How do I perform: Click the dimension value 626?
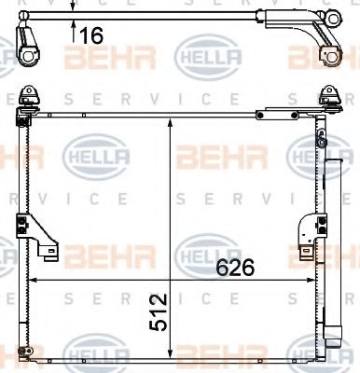click(235, 268)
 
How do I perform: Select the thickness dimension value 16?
click(91, 35)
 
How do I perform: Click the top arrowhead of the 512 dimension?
click(170, 123)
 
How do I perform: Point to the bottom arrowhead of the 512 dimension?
click(170, 352)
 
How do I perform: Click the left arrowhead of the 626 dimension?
click(33, 280)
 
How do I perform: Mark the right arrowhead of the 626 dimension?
click(311, 280)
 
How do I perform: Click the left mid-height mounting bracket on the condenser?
click(36, 236)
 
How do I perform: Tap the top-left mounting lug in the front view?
click(30, 96)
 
